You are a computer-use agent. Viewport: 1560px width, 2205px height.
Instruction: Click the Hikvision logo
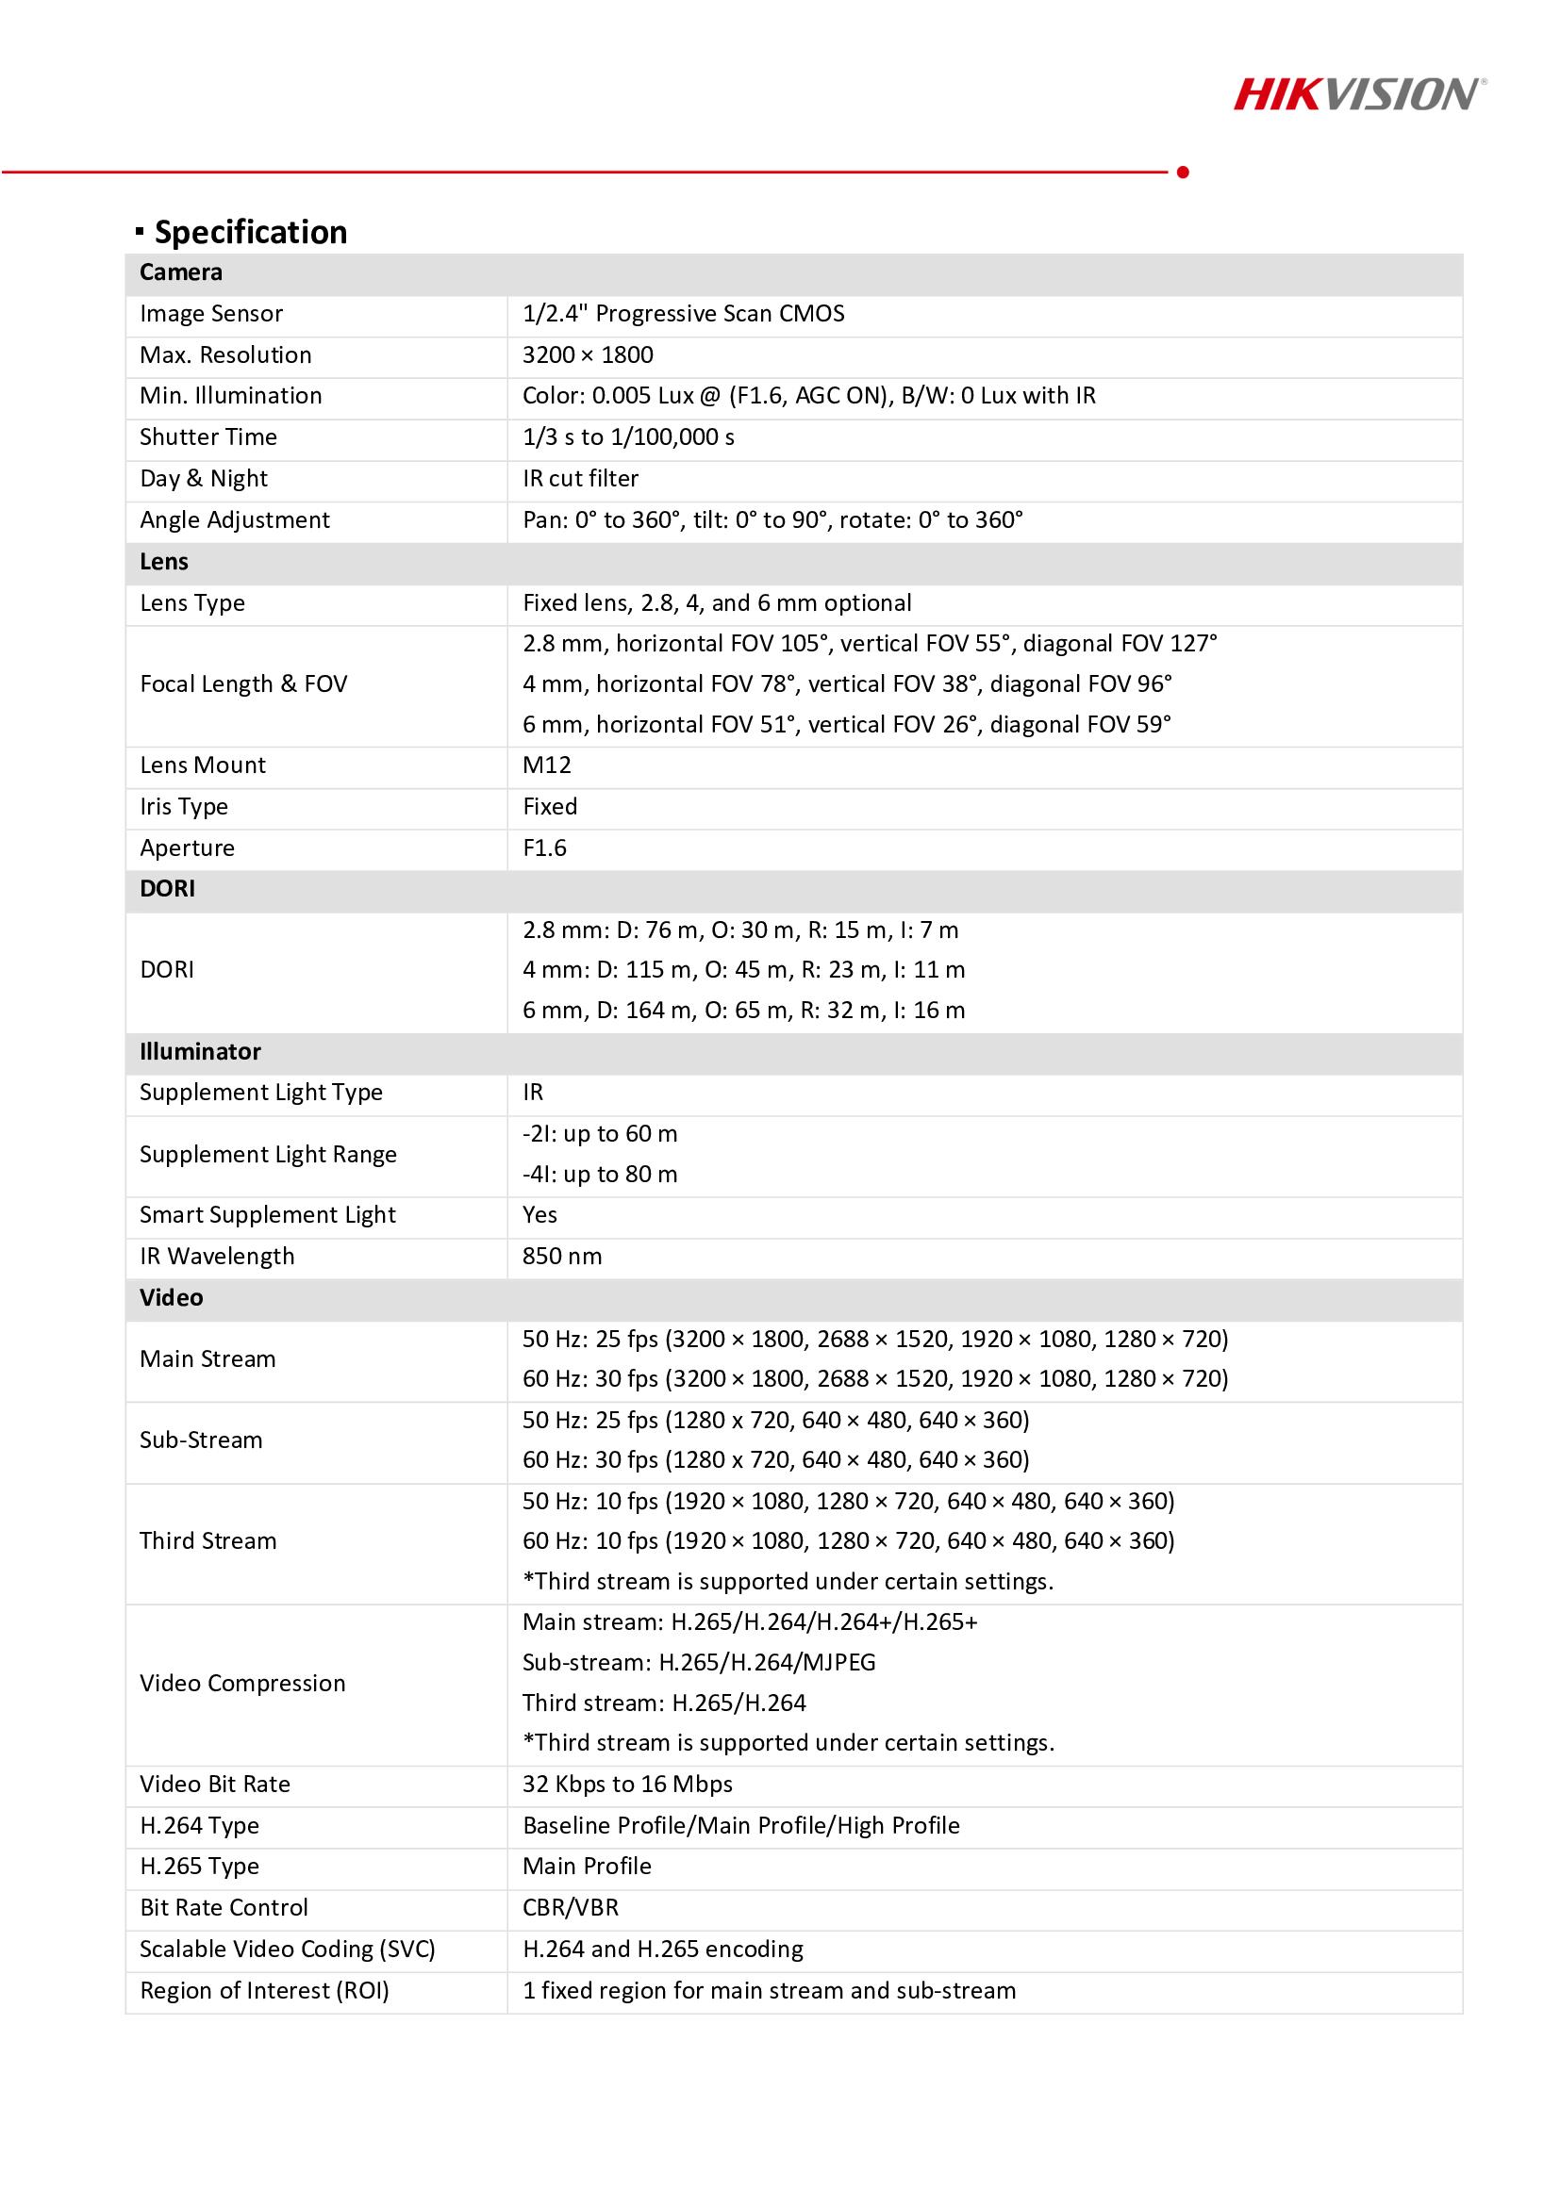(x=1358, y=95)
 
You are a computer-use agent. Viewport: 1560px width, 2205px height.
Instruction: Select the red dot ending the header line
(x=1183, y=172)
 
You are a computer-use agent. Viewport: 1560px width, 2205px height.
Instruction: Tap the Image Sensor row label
(x=211, y=314)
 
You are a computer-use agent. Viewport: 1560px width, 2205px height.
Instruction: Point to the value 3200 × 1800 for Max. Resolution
(x=587, y=355)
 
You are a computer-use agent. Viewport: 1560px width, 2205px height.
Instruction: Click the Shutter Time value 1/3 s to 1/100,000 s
(x=628, y=438)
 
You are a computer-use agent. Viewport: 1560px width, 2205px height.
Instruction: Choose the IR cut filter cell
(x=580, y=479)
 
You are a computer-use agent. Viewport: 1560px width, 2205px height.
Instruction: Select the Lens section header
(x=164, y=562)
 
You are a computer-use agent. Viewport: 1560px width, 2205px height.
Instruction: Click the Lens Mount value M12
(x=547, y=765)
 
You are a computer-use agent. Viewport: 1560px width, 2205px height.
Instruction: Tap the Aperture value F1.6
(x=544, y=848)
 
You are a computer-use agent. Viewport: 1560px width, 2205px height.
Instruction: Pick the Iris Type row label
(x=184, y=807)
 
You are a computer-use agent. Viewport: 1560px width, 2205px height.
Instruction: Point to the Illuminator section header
(x=200, y=1052)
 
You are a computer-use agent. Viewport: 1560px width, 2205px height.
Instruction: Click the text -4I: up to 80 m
(x=600, y=1175)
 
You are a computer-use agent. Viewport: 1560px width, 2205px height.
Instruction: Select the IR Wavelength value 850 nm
(x=562, y=1256)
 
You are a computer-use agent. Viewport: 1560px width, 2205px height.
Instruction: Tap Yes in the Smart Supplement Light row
(x=539, y=1215)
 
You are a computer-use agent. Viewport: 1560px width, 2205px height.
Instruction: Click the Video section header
(x=171, y=1297)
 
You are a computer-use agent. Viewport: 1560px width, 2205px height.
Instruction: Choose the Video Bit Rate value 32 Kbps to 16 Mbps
(x=627, y=1785)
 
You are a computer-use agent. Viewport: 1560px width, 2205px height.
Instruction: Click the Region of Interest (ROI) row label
(x=264, y=1991)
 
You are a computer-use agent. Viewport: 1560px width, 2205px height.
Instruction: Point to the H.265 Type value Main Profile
(x=587, y=1866)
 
